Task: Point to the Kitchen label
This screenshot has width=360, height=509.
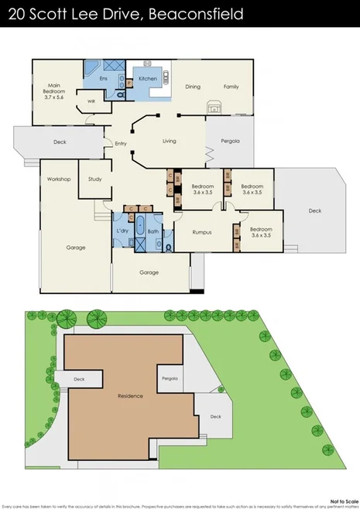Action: click(148, 78)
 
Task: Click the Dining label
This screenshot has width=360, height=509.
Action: click(193, 87)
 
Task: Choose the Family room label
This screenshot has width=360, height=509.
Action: click(231, 87)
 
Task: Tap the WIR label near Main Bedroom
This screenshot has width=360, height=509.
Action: click(91, 101)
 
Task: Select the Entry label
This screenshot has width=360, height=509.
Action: click(120, 143)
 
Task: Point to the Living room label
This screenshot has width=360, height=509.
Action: click(170, 141)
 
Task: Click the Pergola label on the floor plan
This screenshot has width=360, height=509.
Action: click(229, 141)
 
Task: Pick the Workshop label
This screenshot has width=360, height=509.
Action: click(59, 179)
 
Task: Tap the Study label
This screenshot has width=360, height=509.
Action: click(95, 179)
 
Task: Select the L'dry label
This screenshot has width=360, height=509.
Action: click(122, 231)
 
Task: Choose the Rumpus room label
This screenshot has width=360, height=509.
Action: click(202, 231)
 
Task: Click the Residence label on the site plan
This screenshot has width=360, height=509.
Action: click(130, 395)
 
